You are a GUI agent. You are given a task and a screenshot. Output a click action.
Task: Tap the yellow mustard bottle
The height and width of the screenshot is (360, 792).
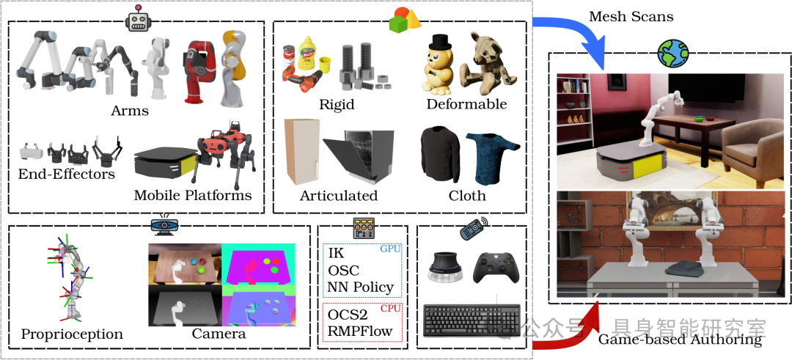point(307,53)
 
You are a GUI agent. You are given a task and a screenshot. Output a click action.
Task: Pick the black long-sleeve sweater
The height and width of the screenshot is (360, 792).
point(440,155)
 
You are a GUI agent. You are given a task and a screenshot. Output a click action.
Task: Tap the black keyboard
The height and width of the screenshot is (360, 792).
point(472,320)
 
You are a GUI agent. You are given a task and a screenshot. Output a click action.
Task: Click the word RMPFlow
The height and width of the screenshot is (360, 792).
point(359,331)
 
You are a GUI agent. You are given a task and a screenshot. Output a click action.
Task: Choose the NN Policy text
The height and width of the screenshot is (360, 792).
point(360,287)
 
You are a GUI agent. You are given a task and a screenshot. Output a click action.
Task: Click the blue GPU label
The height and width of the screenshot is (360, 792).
point(389,249)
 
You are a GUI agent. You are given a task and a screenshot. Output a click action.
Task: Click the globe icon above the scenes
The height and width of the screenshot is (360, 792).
point(672,53)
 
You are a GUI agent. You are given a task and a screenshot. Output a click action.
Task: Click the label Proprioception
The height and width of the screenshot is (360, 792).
point(72,334)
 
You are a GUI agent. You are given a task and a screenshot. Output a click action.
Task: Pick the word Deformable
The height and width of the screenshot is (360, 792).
point(466,104)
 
